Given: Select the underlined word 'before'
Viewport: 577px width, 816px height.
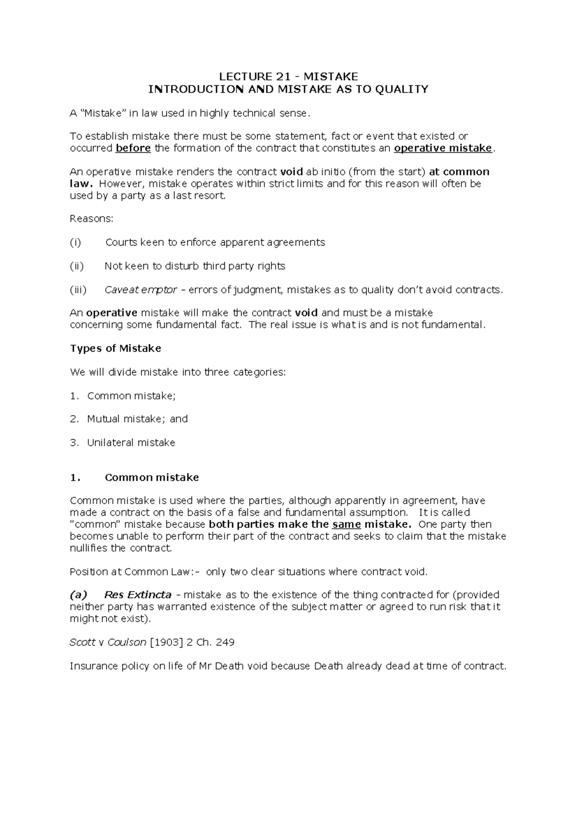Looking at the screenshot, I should (x=133, y=148).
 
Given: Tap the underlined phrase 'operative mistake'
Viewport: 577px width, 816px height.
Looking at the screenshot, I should (x=443, y=148).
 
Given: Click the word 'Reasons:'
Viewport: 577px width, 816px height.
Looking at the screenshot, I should (x=91, y=219).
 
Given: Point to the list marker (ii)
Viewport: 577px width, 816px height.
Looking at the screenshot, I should (x=77, y=266).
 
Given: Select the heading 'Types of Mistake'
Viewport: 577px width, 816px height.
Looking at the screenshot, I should (x=115, y=348).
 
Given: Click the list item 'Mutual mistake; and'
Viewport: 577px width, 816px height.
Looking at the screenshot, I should (x=138, y=419).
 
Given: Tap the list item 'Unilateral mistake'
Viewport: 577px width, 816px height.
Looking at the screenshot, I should (x=131, y=443).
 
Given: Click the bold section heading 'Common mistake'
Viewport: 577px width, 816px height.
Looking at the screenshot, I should (x=151, y=478).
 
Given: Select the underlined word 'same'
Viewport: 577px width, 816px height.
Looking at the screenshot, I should (x=346, y=524).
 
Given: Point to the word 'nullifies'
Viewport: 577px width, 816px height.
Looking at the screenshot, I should (x=89, y=548).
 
